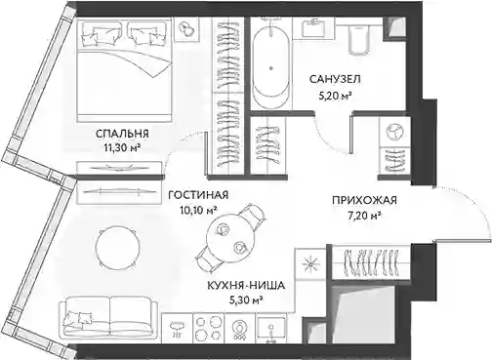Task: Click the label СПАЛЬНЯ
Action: (122, 134)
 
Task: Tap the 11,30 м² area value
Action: (122, 148)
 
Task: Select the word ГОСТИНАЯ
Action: (198, 195)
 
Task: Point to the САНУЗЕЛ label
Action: (335, 79)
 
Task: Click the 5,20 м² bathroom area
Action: (335, 95)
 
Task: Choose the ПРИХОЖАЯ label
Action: (364, 200)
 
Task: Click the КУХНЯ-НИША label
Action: (246, 286)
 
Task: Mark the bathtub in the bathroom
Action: (270, 63)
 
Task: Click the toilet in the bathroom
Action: (359, 36)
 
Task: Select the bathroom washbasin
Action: (313, 28)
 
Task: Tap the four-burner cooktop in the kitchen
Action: (209, 328)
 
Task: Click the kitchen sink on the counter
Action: (271, 329)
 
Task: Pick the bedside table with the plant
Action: (186, 28)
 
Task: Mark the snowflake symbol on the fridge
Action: (310, 264)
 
